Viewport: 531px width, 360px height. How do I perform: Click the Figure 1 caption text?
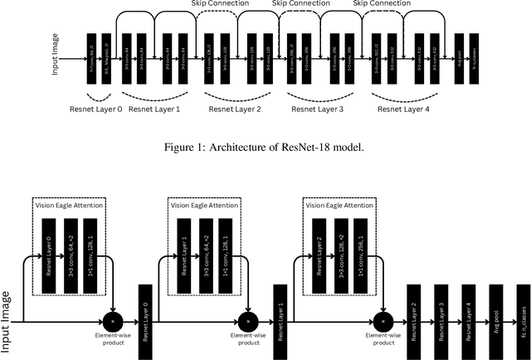265,149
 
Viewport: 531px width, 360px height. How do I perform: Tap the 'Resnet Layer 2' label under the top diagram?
235,108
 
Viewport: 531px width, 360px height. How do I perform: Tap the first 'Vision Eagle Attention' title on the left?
74,204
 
